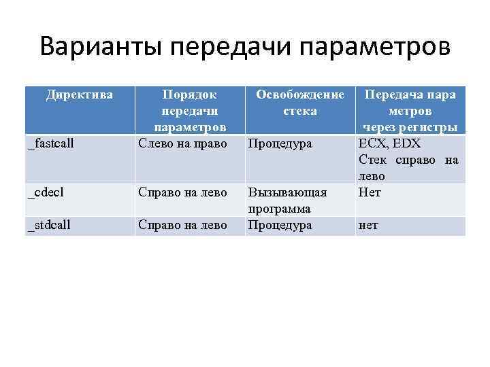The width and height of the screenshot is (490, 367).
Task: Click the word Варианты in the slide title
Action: point(101,47)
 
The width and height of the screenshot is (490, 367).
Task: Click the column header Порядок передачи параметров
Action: point(189,111)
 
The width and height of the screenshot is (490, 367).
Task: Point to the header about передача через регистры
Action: point(410,111)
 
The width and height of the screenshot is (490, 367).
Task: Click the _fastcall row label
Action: point(51,143)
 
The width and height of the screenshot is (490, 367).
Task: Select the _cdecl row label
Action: point(46,192)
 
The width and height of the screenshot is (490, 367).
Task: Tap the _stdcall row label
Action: point(49,225)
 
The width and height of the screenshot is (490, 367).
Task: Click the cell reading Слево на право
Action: point(182,143)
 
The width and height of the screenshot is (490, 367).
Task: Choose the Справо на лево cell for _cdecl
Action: point(182,192)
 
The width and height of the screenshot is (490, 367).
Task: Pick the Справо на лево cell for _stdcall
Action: point(182,225)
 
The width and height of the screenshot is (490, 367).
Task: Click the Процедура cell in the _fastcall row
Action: point(280,143)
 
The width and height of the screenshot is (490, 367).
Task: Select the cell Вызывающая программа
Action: point(287,200)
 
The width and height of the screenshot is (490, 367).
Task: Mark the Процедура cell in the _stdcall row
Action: point(280,225)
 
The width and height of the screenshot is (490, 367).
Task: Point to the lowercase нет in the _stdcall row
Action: point(368,225)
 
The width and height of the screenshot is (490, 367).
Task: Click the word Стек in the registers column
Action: point(372,160)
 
